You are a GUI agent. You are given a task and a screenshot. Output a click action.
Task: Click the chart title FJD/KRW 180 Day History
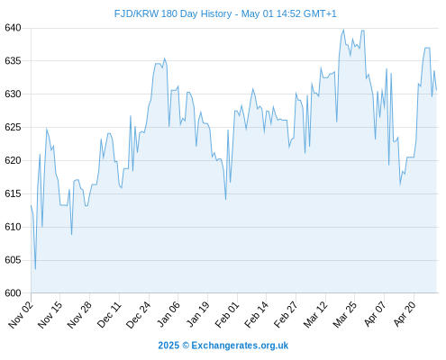[173, 13]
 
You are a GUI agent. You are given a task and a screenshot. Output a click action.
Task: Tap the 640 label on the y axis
[13, 28]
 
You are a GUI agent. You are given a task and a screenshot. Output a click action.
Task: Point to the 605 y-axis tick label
[13, 260]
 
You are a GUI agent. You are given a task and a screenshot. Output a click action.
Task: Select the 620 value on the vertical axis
[13, 160]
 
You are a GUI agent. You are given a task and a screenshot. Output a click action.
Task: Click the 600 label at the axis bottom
[13, 293]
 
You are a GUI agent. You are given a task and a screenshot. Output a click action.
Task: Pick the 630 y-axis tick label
[13, 94]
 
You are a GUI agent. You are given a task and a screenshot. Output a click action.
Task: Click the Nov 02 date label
[21, 315]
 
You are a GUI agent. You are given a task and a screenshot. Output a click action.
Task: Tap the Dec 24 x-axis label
[138, 315]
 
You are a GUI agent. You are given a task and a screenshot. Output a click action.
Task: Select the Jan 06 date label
[168, 315]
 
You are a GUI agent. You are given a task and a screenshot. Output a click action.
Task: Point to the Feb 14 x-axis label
[256, 315]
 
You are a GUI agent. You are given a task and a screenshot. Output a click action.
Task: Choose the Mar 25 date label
[345, 315]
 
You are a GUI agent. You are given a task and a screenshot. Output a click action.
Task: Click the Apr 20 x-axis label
[405, 315]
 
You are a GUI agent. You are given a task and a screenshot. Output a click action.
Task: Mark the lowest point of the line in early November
[35, 269]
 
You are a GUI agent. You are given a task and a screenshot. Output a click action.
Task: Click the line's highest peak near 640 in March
[343, 30]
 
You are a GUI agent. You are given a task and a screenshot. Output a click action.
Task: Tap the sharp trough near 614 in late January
[225, 199]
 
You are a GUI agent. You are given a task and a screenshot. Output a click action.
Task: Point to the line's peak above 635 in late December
[164, 58]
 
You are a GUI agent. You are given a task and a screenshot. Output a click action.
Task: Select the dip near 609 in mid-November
[71, 234]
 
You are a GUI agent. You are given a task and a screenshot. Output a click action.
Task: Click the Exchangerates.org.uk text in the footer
[240, 346]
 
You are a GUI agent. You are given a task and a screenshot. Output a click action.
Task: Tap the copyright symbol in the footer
[186, 346]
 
